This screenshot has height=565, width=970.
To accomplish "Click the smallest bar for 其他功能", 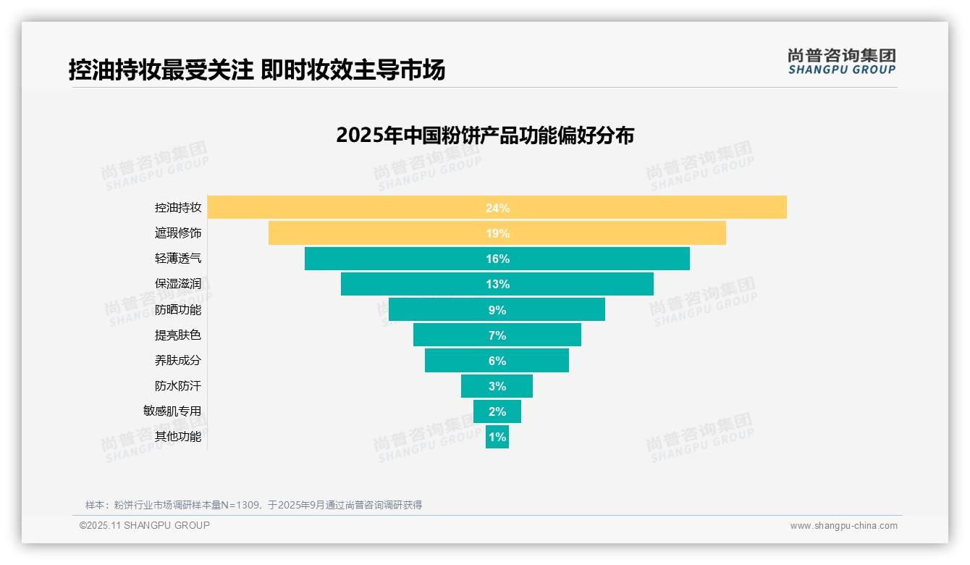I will point(497,437).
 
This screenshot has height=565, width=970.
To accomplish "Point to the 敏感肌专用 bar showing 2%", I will point(497,411).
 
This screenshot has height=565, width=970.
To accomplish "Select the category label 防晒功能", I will point(178,309).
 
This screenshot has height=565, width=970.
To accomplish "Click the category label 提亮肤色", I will point(178,335).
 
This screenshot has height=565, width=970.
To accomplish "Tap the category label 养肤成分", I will point(178,360).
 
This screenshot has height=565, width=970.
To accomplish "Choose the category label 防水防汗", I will point(178,385).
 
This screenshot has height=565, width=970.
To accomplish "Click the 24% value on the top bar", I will point(497,208).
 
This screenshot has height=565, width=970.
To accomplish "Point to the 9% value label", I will point(497,310).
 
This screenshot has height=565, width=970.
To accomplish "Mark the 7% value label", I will point(497,335).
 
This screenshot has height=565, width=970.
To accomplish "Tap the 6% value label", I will point(497,361).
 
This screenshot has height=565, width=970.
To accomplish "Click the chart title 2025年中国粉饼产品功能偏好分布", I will point(485,135).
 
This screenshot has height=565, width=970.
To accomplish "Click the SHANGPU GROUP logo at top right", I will point(841,62).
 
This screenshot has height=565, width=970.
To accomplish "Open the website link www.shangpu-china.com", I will point(843,526).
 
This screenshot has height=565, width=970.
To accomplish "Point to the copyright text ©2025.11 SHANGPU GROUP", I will point(145,525).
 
